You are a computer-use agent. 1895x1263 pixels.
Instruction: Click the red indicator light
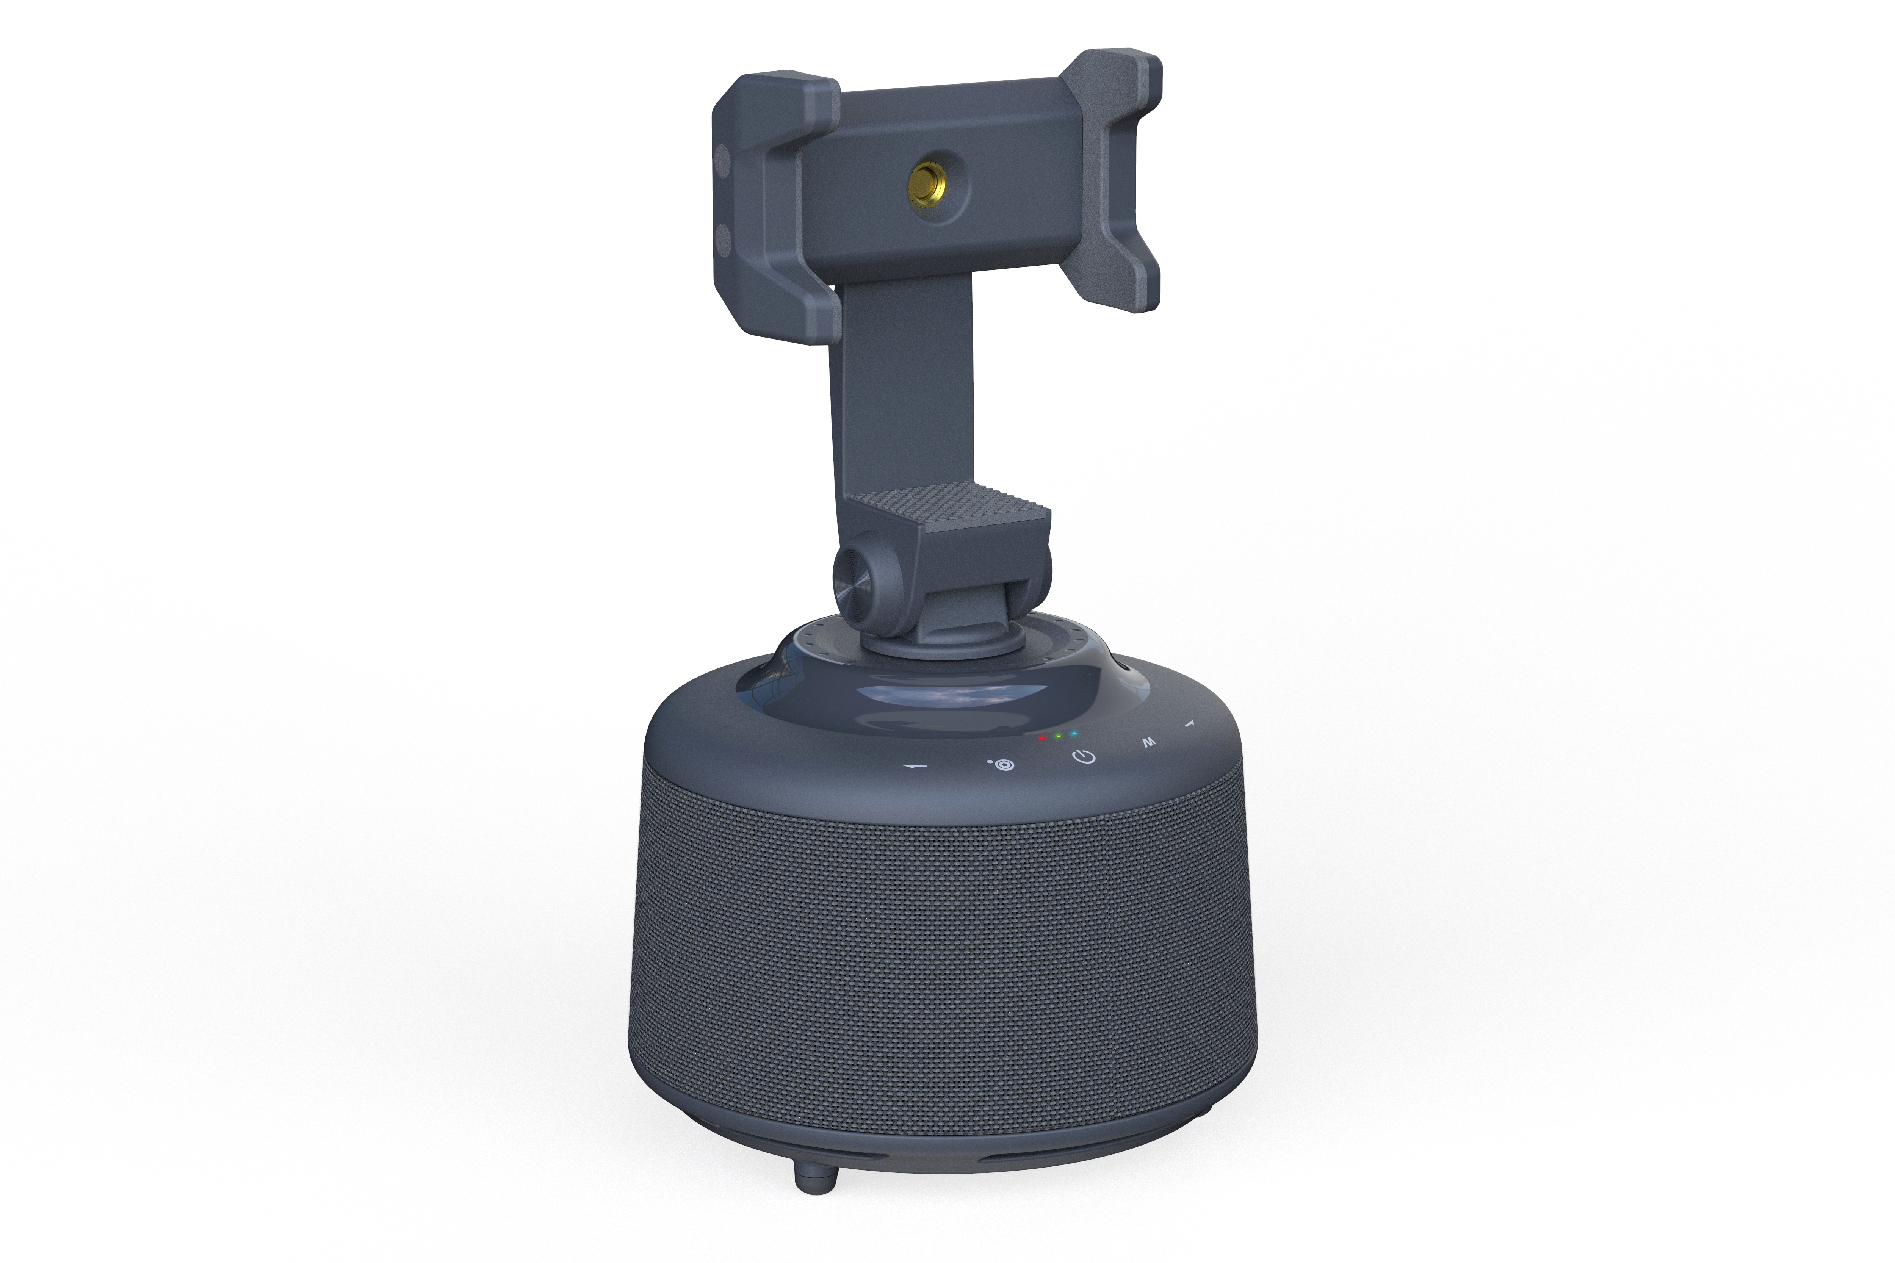(x=1042, y=737)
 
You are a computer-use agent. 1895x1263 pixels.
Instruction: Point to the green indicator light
(x=1058, y=736)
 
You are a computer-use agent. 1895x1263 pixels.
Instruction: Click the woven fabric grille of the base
(x=943, y=967)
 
